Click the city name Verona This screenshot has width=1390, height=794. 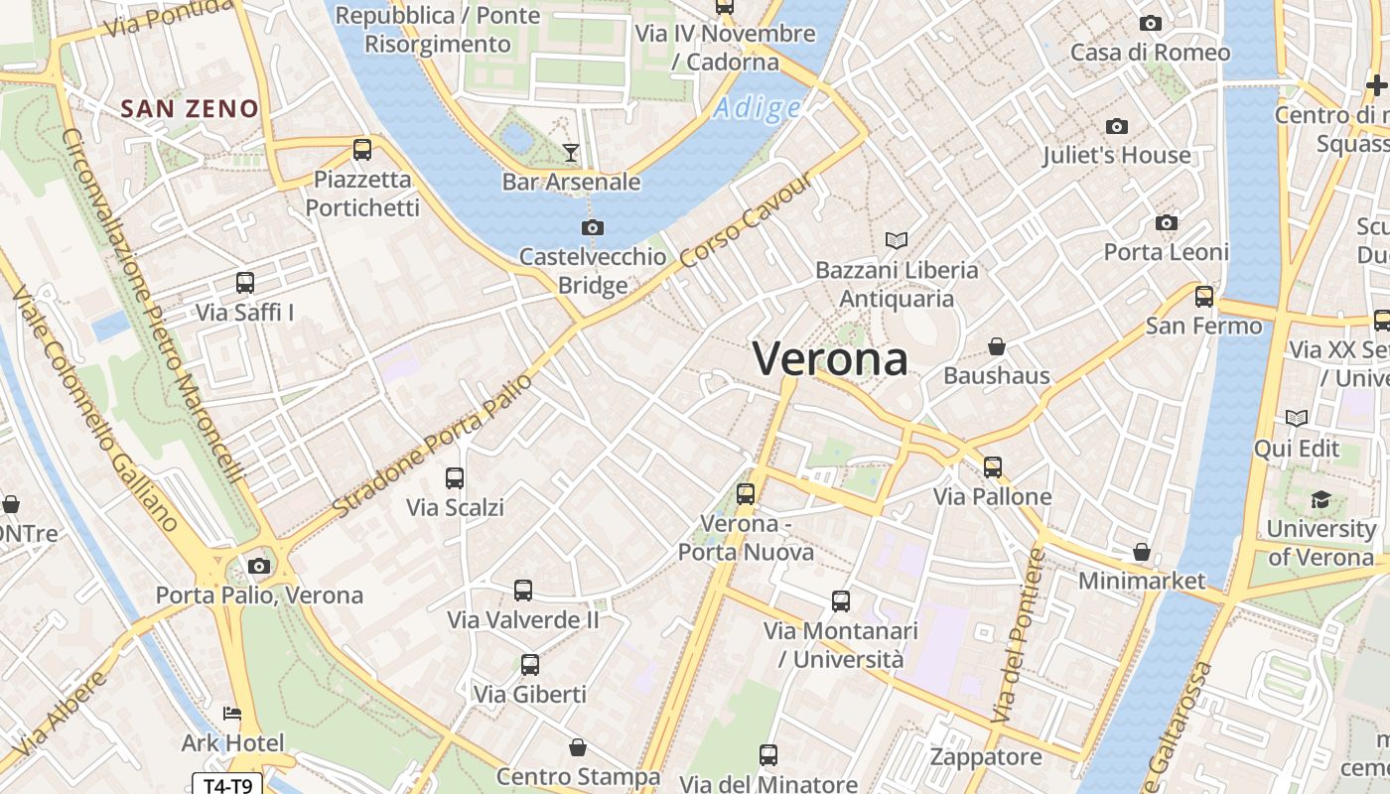(830, 358)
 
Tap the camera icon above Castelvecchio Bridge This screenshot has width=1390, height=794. (593, 227)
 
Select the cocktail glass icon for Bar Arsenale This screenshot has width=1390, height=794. (571, 152)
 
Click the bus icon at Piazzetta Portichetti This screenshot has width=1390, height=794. (362, 150)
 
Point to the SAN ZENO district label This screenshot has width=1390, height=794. (190, 109)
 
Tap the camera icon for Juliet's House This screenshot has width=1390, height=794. (1117, 126)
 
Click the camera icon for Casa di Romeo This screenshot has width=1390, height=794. (1151, 23)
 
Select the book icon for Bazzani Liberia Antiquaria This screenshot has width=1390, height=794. (897, 240)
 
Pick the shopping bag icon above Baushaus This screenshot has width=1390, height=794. (997, 346)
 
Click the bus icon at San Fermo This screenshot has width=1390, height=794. (1204, 296)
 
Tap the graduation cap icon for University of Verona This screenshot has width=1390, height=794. (1320, 499)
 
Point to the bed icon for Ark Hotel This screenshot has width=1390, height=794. (231, 714)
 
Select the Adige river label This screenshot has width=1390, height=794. (757, 108)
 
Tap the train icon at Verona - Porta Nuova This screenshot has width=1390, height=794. (746, 493)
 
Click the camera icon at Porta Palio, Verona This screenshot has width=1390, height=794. (259, 566)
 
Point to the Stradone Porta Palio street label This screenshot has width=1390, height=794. (433, 446)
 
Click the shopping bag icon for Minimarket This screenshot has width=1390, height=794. (1142, 552)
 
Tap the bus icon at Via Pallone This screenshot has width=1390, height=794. (993, 466)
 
